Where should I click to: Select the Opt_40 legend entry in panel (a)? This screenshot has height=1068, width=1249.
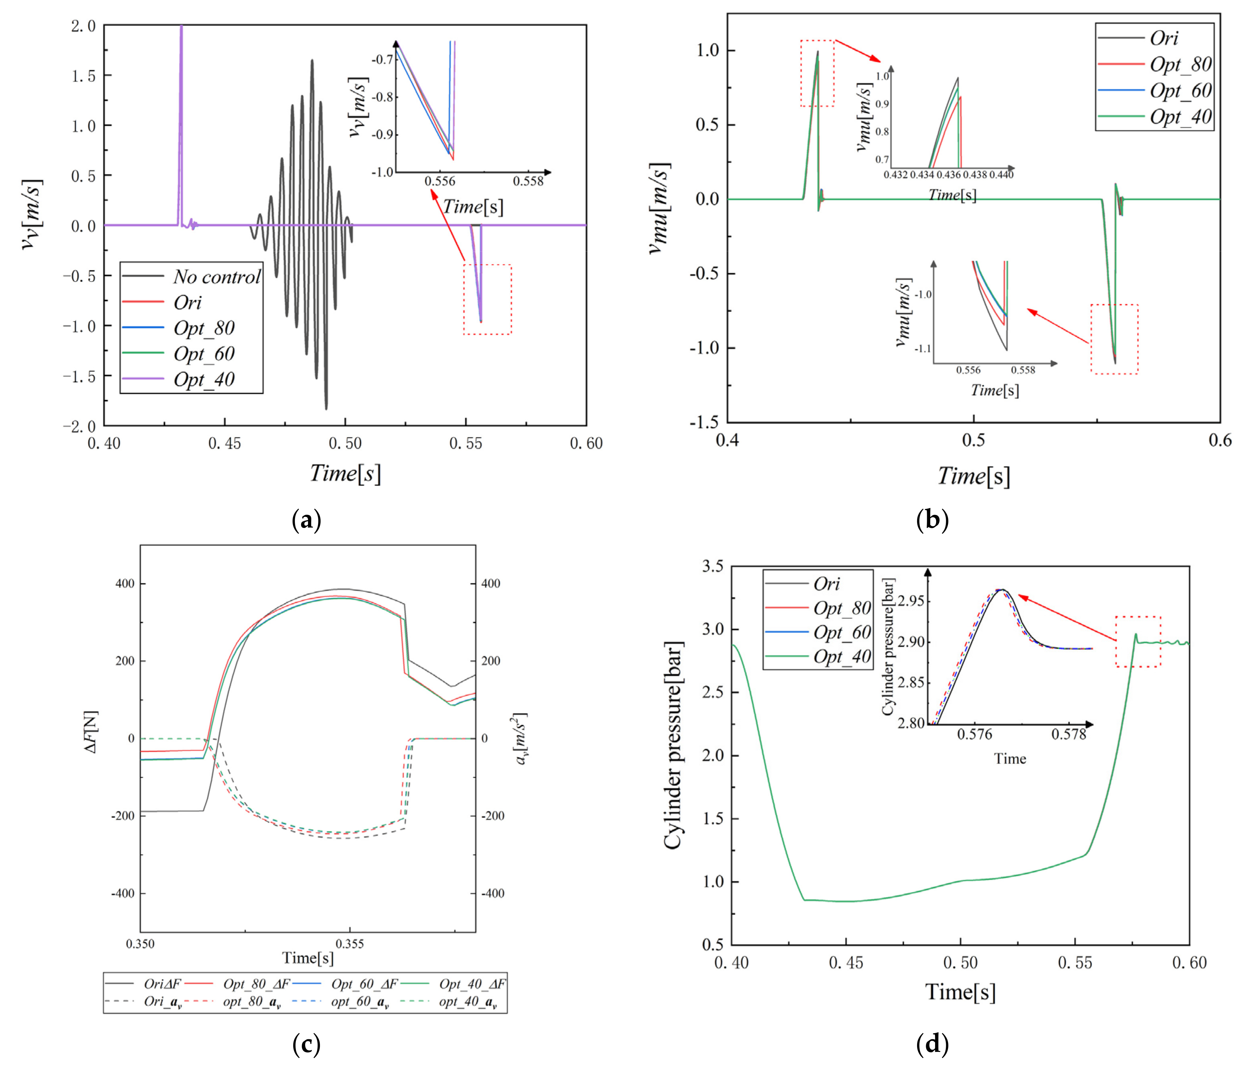click(204, 379)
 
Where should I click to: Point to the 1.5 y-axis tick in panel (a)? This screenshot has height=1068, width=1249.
click(83, 76)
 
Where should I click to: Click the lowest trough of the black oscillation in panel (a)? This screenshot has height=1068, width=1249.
click(326, 408)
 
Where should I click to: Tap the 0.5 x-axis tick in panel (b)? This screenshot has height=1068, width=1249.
click(974, 440)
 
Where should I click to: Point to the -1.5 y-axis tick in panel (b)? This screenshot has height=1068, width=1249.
click(704, 422)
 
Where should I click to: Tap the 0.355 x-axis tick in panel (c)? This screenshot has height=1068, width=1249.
click(350, 944)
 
